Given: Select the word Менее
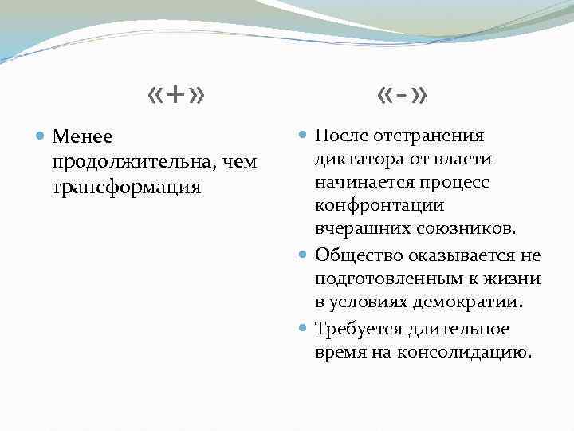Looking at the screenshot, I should (83, 137).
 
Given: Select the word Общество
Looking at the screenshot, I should (357, 255).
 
